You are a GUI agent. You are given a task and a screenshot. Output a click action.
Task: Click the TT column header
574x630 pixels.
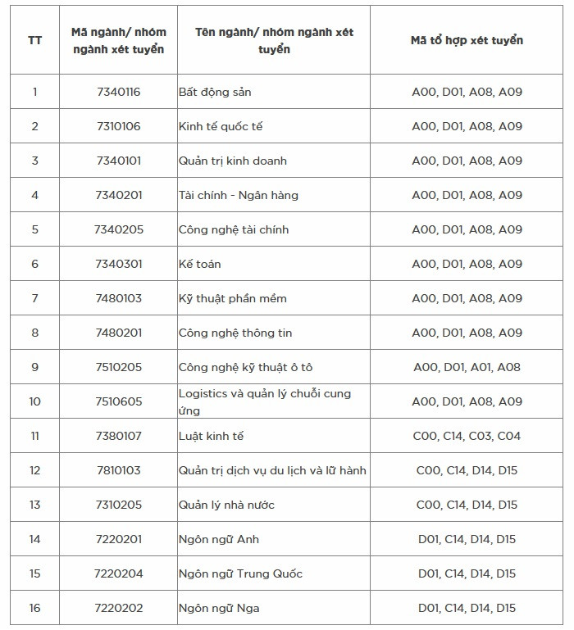click(34, 40)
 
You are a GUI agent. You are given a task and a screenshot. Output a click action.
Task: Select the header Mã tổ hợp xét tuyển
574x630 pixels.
click(467, 40)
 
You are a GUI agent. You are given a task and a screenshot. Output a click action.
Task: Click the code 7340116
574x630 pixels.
click(118, 92)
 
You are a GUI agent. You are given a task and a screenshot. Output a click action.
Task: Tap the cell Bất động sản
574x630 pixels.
click(215, 92)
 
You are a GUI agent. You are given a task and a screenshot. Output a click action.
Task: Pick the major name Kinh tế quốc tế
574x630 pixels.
click(221, 126)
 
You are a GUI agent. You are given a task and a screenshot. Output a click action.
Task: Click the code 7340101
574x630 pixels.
click(118, 161)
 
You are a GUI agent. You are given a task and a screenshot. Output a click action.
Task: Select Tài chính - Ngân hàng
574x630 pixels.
click(239, 195)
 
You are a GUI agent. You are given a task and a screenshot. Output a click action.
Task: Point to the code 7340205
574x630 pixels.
click(118, 229)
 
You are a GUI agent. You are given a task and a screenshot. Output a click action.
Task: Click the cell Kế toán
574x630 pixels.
click(200, 264)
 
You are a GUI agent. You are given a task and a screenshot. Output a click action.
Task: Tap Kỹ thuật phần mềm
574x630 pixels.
click(233, 298)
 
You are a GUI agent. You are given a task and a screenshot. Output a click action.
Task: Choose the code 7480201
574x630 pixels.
click(118, 333)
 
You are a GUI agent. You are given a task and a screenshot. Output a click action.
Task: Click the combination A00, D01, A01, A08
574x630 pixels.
click(467, 367)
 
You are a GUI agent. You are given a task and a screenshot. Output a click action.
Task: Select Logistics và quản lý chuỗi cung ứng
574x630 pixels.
click(265, 401)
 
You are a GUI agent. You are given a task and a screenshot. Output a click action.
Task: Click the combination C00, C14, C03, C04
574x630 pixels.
click(467, 436)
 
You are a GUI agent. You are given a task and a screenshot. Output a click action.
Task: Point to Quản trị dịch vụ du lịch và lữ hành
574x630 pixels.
click(272, 470)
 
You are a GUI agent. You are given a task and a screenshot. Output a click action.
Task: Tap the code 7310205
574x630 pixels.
click(118, 505)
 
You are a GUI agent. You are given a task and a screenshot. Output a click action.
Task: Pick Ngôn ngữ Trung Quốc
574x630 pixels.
click(240, 573)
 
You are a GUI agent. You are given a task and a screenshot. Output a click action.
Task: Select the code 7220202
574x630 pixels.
click(118, 608)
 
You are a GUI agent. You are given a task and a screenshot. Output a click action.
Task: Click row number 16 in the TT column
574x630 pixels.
click(34, 608)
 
